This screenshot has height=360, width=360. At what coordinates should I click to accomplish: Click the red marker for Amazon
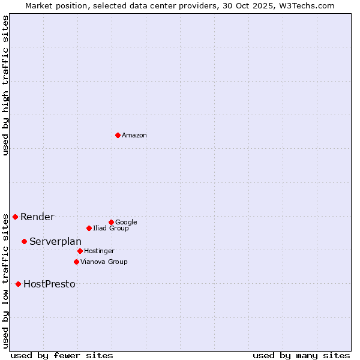pos(118,135)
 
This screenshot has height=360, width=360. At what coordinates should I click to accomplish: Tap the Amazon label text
pos(134,136)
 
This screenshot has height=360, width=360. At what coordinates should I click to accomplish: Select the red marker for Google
pos(111,222)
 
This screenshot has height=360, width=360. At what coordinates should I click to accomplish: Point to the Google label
pos(126,223)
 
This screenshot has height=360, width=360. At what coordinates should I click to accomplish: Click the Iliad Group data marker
pos(89,228)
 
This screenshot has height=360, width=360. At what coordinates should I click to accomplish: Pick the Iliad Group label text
pos(110,229)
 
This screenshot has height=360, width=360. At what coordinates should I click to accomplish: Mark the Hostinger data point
pos(80,251)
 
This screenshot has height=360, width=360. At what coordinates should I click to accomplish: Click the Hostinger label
pos(99,251)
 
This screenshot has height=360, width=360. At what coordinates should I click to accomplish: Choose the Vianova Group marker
pos(76,262)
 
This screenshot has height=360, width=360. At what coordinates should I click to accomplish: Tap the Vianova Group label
pos(104,262)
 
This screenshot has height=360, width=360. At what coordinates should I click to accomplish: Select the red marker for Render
pos(15,217)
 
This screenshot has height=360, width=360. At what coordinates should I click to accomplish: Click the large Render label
pos(37,217)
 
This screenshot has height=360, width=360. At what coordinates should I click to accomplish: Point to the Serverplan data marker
pos(24,241)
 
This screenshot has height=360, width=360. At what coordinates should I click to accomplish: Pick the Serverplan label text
pos(55,242)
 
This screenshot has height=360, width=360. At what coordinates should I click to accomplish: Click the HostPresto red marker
pos(18,284)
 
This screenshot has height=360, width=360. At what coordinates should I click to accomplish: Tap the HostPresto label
pos(49,284)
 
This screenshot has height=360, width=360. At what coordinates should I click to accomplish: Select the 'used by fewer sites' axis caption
pos(62,355)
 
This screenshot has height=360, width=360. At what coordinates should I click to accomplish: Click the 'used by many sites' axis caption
pos(301,355)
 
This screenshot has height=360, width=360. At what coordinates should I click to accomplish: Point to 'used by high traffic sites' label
pos(5,85)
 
